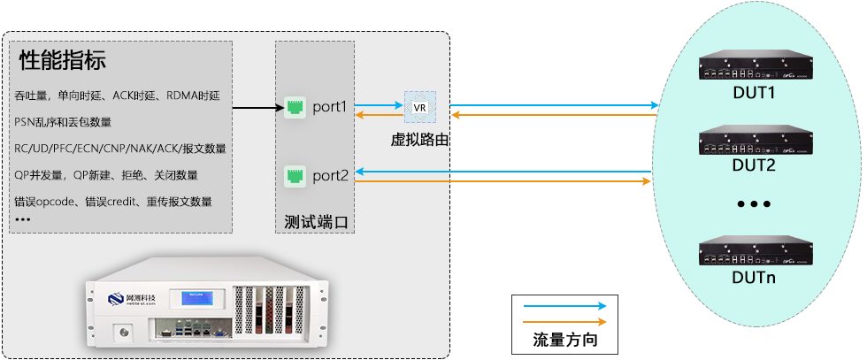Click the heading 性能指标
[62, 61]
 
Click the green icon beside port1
[295, 107]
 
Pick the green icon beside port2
[295, 175]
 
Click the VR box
[419, 107]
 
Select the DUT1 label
[754, 92]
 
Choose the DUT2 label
[754, 165]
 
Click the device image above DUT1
[754, 67]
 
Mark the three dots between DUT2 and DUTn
[754, 204]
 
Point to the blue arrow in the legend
[564, 307]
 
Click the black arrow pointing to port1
[257, 109]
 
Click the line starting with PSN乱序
[63, 121]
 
